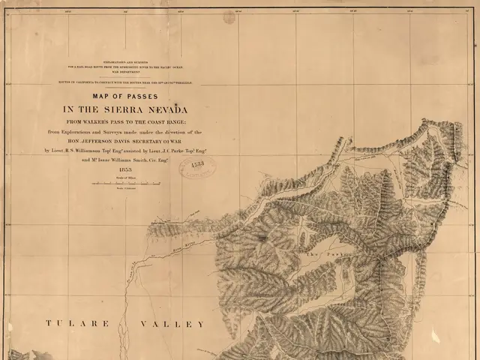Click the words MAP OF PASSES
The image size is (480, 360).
[121, 95]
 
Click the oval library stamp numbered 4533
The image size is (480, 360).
[197, 165]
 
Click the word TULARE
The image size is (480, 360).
[77, 324]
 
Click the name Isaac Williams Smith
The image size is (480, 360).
[120, 160]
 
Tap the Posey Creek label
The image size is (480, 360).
[158, 223]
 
